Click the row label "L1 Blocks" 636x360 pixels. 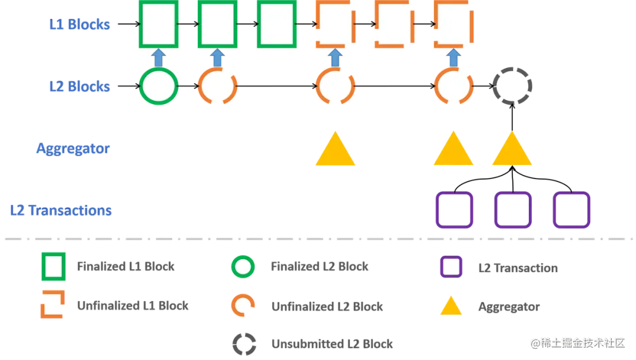[79, 25]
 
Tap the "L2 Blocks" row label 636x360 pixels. [79, 86]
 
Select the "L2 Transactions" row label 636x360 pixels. [61, 210]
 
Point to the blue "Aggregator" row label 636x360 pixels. [73, 148]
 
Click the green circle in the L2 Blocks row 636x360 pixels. [158, 86]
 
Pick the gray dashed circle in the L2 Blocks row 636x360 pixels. [512, 86]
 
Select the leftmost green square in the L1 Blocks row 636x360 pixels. [158, 25]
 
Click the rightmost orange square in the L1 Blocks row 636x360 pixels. [453, 25]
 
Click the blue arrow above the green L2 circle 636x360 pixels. [158, 58]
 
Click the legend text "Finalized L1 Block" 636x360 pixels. [126, 267]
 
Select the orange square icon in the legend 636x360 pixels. [52, 305]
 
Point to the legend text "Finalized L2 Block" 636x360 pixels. [320, 267]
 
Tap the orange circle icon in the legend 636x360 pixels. [243, 305]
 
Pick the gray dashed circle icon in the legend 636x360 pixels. [243, 343]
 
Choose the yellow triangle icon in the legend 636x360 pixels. [450, 307]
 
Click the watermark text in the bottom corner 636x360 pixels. [577, 343]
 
